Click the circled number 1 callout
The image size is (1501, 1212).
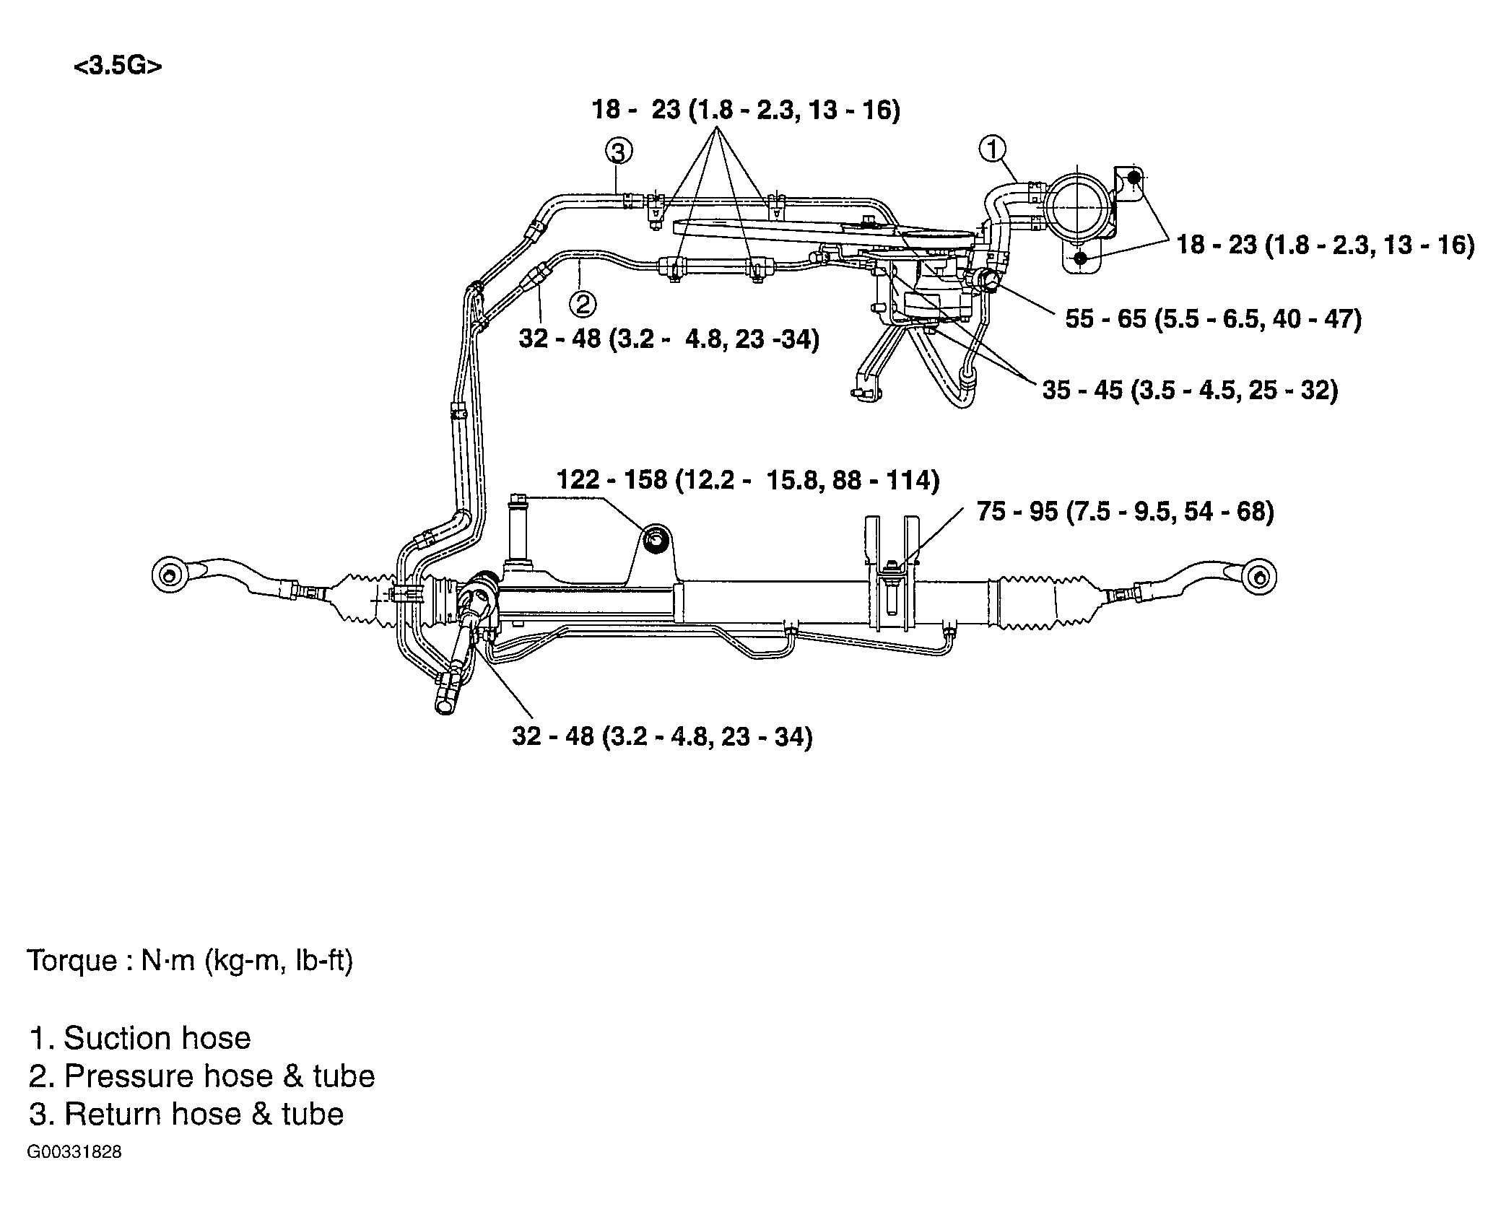coord(992,149)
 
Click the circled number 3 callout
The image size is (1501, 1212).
coord(618,152)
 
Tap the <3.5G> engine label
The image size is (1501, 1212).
coord(118,66)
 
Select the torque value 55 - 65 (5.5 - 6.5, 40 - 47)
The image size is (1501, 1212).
coord(1213,318)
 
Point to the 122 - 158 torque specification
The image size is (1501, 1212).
coord(748,480)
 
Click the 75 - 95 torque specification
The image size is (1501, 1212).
coord(1125,512)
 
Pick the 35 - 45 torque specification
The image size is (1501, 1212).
coord(1190,391)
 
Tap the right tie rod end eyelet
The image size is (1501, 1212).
coord(1258,577)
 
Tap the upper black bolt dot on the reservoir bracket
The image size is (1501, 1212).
coord(1134,177)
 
